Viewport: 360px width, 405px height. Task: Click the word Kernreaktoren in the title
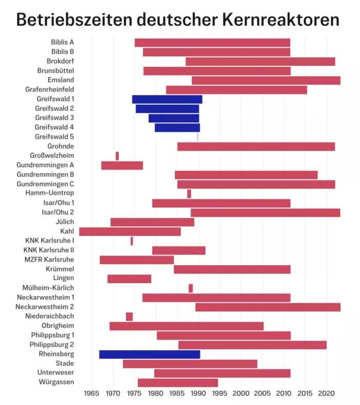[x=281, y=20]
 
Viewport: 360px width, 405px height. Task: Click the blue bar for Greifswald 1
[x=167, y=99]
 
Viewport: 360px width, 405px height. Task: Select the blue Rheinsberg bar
[x=149, y=354]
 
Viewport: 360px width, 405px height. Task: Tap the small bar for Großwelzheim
[x=117, y=156]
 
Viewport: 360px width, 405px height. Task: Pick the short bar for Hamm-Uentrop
[x=189, y=194]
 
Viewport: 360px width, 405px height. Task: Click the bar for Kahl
[x=130, y=231]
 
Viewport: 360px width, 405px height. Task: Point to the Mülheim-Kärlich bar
[x=190, y=288]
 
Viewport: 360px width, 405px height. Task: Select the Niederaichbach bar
[x=129, y=317]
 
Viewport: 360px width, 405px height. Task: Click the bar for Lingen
[x=129, y=279]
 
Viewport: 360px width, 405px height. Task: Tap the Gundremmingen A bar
[x=122, y=165]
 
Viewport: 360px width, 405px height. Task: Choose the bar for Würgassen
[x=177, y=382]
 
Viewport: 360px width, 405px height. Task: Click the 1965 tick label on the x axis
[x=92, y=394]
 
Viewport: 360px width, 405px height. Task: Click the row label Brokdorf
[x=61, y=61]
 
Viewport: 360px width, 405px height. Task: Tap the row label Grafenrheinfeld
[x=50, y=89]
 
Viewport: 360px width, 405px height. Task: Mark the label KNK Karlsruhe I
[x=50, y=241]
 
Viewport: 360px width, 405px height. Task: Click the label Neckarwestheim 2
[x=45, y=307]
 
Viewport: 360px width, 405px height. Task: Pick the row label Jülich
[x=65, y=222]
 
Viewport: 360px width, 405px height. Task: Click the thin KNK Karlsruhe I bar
[x=132, y=241]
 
